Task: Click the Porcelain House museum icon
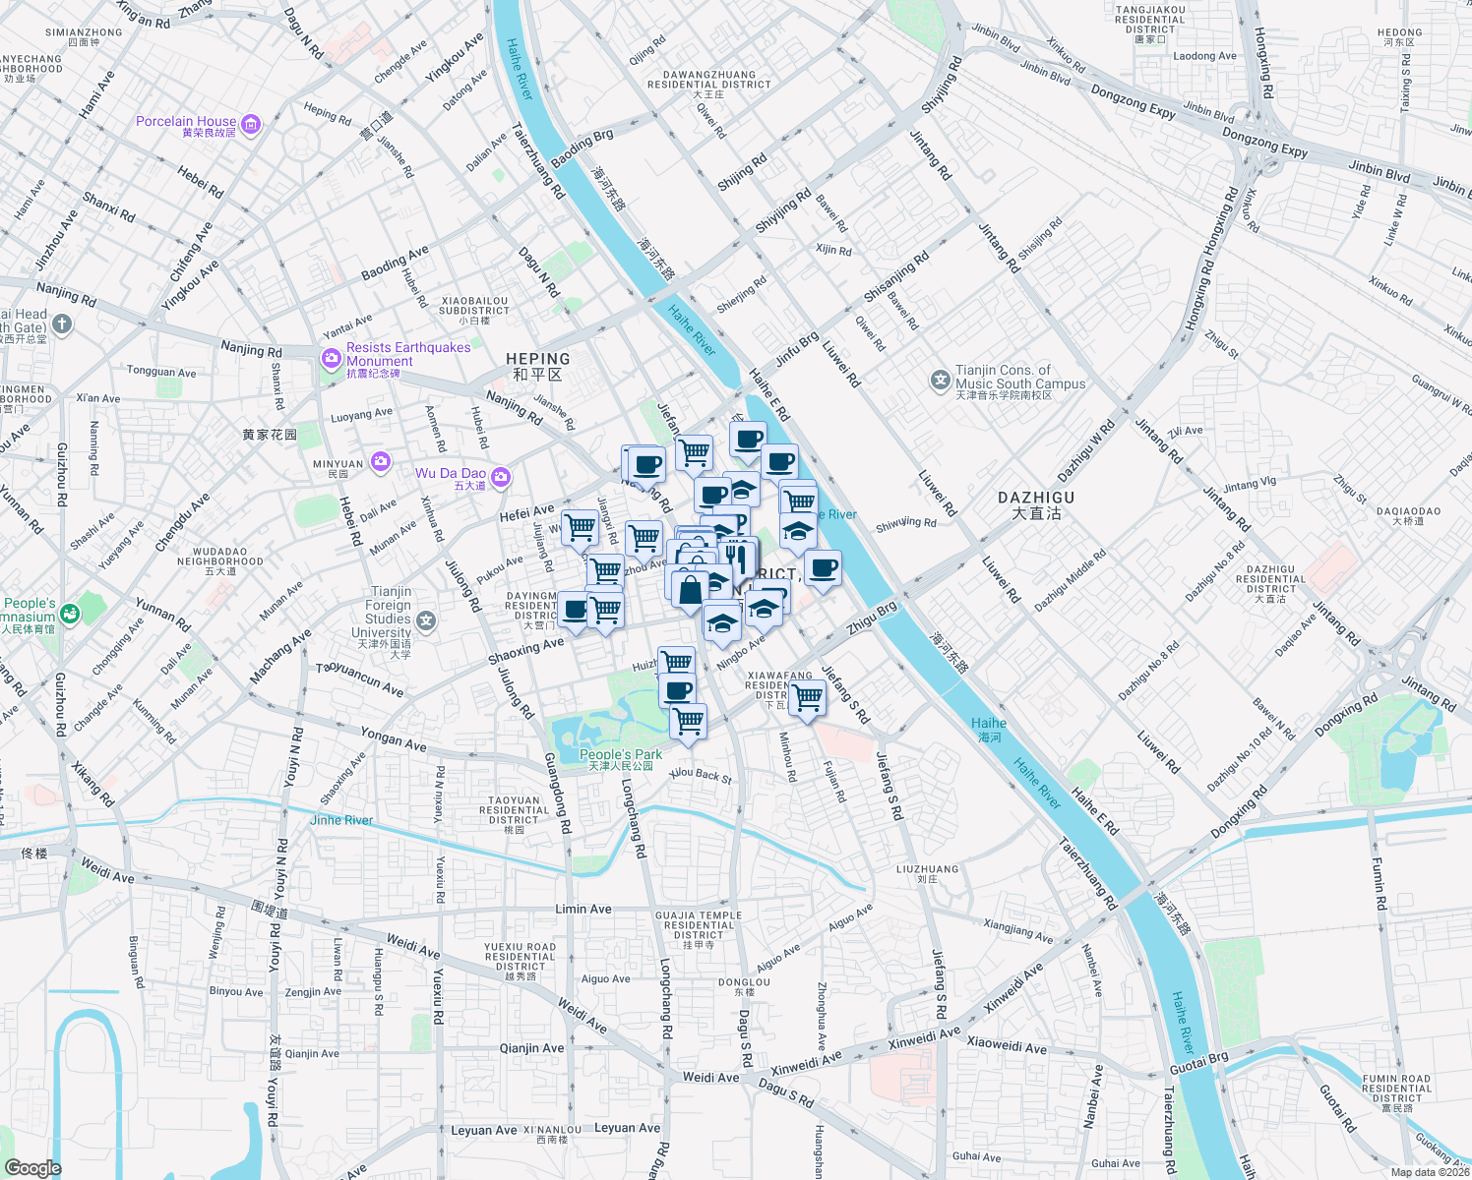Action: click(250, 124)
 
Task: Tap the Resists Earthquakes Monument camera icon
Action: click(332, 358)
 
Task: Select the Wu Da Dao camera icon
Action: click(501, 478)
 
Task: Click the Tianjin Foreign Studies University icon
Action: click(425, 620)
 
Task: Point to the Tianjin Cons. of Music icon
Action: click(940, 380)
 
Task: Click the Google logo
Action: click(32, 1168)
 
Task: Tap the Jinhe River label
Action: click(341, 820)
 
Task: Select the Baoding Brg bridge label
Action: click(582, 148)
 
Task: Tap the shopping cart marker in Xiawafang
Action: click(807, 697)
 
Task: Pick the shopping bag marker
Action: click(691, 589)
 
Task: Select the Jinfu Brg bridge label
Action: click(796, 349)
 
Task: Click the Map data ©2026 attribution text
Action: click(1430, 1172)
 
